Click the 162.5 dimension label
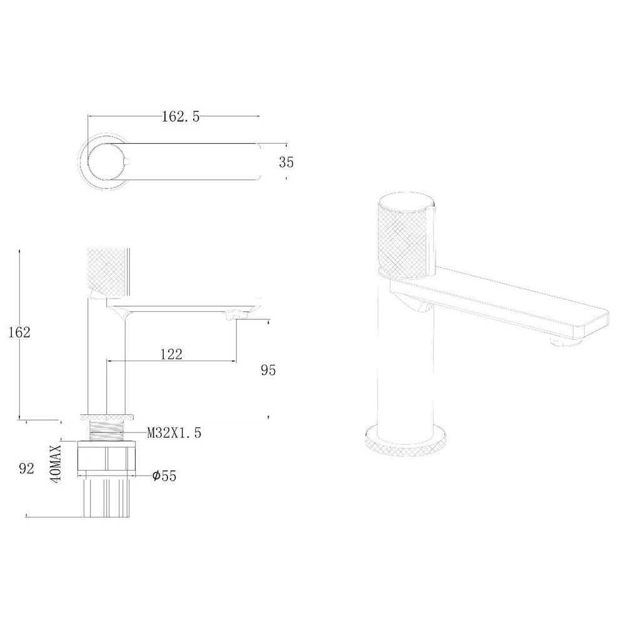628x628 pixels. point(181,117)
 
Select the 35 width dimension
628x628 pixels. point(286,162)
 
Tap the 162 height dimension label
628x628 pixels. point(19,332)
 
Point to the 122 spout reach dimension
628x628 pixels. point(171,354)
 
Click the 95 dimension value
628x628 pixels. point(268,370)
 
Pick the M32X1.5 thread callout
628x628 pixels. point(174,433)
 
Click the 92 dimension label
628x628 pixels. point(26,469)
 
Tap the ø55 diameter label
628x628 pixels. point(164,476)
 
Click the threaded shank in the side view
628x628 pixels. point(107,431)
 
